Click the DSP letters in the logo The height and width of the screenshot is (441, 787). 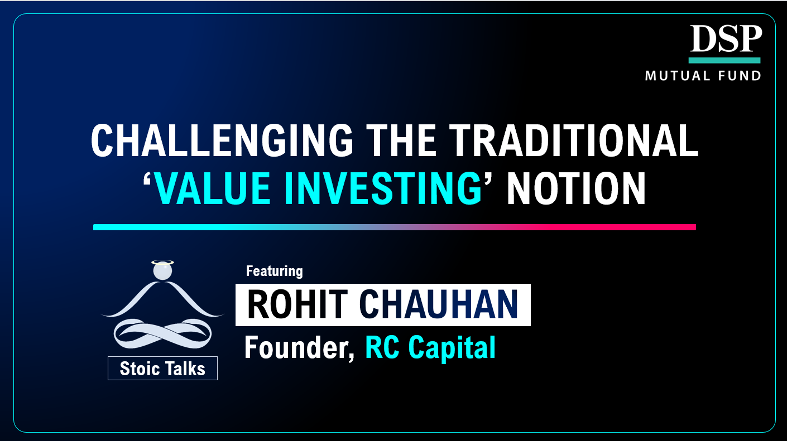click(725, 40)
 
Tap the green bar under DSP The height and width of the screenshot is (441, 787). click(724, 60)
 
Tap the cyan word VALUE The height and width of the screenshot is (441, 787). click(217, 189)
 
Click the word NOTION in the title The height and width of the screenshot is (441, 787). click(576, 189)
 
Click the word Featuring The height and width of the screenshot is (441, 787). click(274, 272)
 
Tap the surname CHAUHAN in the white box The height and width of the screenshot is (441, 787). click(439, 304)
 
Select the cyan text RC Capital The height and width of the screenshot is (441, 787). click(430, 348)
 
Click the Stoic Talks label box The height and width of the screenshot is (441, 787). click(162, 369)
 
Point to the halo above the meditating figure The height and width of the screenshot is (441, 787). click(162, 261)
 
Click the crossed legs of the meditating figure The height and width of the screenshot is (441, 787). click(162, 333)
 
